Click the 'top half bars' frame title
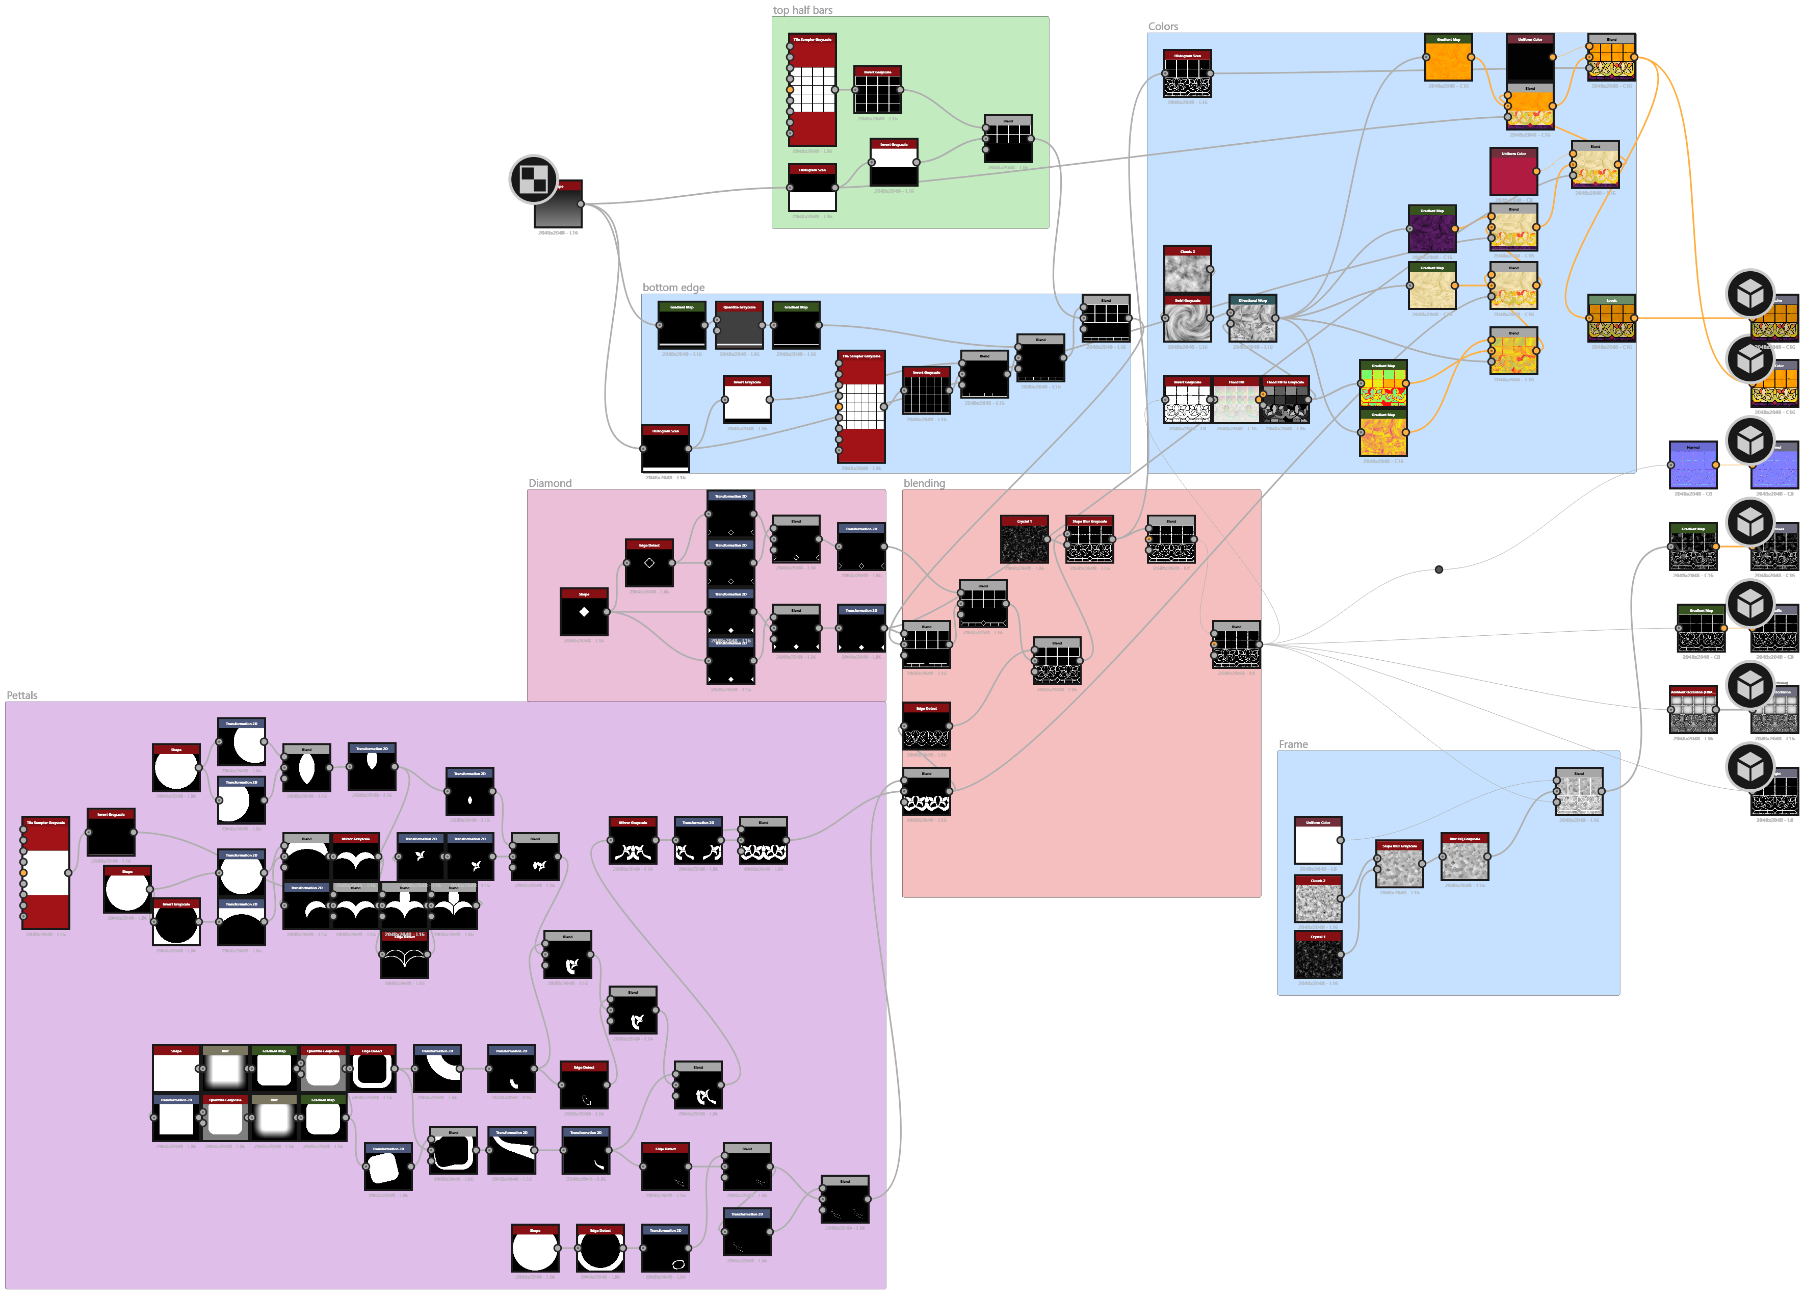click(x=802, y=10)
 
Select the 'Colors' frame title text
click(x=1163, y=26)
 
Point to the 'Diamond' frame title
click(x=550, y=483)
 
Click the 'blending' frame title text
click(x=924, y=483)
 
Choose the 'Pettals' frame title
click(x=22, y=695)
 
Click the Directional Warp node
click(x=1252, y=321)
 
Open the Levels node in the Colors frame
click(x=1611, y=321)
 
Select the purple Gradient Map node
click(x=1432, y=232)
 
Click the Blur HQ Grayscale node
click(x=1465, y=859)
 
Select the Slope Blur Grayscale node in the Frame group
click(x=1399, y=867)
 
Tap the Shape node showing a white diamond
click(x=584, y=614)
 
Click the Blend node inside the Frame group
click(x=1579, y=794)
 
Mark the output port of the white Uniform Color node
click(x=1340, y=841)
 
